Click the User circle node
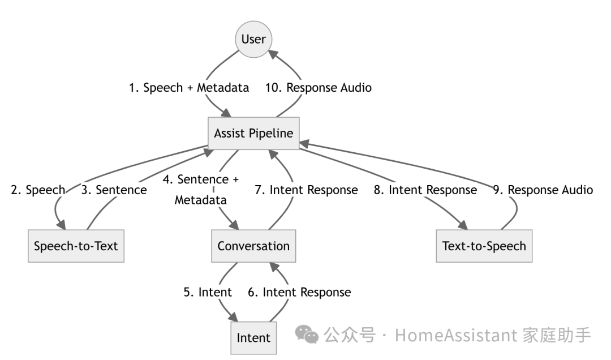coord(253,39)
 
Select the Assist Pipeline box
coord(253,134)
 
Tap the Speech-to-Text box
coord(76,246)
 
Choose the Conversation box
coord(253,246)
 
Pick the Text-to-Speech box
coord(484,246)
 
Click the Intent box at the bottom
coord(253,337)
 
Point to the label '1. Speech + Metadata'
coord(189,88)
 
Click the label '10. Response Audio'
coord(319,88)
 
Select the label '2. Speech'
coord(38,190)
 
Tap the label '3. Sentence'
coord(114,190)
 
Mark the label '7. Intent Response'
coord(306,190)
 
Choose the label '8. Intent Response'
coord(425,190)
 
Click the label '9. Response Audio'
coord(543,190)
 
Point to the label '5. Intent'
coord(207,292)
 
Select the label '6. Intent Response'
coord(299,292)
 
